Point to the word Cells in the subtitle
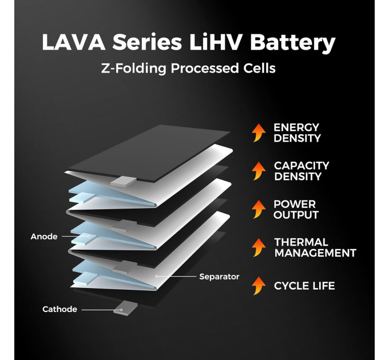tap(258, 69)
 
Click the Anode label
tap(44, 237)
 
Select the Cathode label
tap(59, 309)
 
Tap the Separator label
tap(219, 277)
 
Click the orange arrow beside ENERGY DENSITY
tap(259, 133)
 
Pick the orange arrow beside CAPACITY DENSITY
tap(259, 171)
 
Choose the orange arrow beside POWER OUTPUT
tap(259, 209)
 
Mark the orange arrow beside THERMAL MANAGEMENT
tap(259, 247)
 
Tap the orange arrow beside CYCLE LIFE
tap(259, 285)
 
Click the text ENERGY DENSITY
tap(297, 133)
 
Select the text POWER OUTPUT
tap(296, 210)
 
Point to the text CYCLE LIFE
tap(304, 286)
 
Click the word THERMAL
tap(301, 242)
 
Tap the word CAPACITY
tap(301, 166)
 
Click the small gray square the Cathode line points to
tap(120, 309)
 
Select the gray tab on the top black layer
tap(122, 181)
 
